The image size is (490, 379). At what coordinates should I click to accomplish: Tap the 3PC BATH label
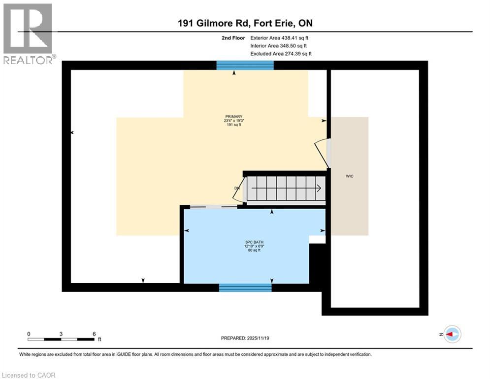tap(254, 242)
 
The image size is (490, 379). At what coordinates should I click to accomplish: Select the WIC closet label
tap(350, 176)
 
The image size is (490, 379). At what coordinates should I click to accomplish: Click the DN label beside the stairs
tap(237, 188)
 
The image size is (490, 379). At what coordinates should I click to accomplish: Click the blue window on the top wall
tap(245, 65)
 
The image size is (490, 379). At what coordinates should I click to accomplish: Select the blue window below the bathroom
tap(245, 287)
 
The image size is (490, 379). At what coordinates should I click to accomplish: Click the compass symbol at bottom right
tap(452, 334)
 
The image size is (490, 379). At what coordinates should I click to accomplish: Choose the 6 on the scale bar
tap(94, 334)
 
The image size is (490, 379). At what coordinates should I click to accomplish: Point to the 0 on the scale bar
tap(29, 334)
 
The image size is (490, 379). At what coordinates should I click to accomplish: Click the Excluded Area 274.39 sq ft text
tap(281, 53)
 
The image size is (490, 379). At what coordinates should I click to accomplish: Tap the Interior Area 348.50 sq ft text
tap(279, 45)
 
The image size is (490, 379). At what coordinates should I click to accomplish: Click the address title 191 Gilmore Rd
tap(245, 23)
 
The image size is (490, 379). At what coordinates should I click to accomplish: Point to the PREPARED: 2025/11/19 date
tap(245, 338)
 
